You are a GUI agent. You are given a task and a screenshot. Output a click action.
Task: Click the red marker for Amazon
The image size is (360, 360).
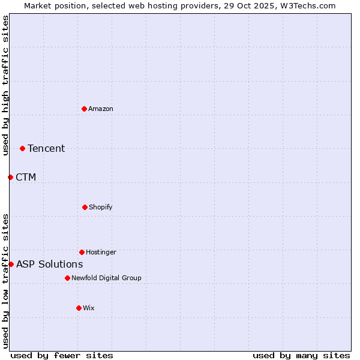coord(84,109)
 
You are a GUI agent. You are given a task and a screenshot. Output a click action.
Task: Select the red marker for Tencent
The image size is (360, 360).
coord(22,148)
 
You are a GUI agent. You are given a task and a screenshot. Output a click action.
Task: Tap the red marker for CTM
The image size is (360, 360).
coord(10,177)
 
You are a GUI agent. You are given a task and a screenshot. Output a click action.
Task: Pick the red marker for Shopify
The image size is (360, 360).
coord(85,207)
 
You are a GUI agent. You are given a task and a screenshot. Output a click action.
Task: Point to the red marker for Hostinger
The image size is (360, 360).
coord(82,252)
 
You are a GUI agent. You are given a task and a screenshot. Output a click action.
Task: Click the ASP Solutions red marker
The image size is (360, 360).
coord(11,264)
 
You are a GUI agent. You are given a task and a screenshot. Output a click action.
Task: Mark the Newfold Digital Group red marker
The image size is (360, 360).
coord(67,278)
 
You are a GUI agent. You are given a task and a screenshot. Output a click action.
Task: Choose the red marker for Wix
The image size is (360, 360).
coord(79,308)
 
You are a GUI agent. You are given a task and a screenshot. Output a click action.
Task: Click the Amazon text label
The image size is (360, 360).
coord(101,109)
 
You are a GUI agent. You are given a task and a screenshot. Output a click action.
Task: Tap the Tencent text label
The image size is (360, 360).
coord(46,148)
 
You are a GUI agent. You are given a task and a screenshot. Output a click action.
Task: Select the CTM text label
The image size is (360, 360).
coord(26,177)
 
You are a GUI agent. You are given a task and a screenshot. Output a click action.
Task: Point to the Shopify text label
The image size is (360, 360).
coord(101,207)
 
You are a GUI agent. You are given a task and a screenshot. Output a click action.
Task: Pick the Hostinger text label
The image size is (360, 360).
coord(101,252)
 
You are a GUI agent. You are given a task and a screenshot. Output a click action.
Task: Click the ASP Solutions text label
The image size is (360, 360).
coord(50,264)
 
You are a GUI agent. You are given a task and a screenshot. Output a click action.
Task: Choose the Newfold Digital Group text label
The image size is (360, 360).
coord(106,278)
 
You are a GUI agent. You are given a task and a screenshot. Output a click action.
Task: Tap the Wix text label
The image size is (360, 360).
coord(89,308)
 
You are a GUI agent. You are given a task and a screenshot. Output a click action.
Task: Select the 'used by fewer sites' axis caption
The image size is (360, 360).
coord(62,355)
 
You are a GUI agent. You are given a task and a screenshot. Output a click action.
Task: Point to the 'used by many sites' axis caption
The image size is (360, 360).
coord(301,355)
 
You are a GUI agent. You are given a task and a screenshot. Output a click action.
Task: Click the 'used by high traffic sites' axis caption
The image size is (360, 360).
coord(5,85)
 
